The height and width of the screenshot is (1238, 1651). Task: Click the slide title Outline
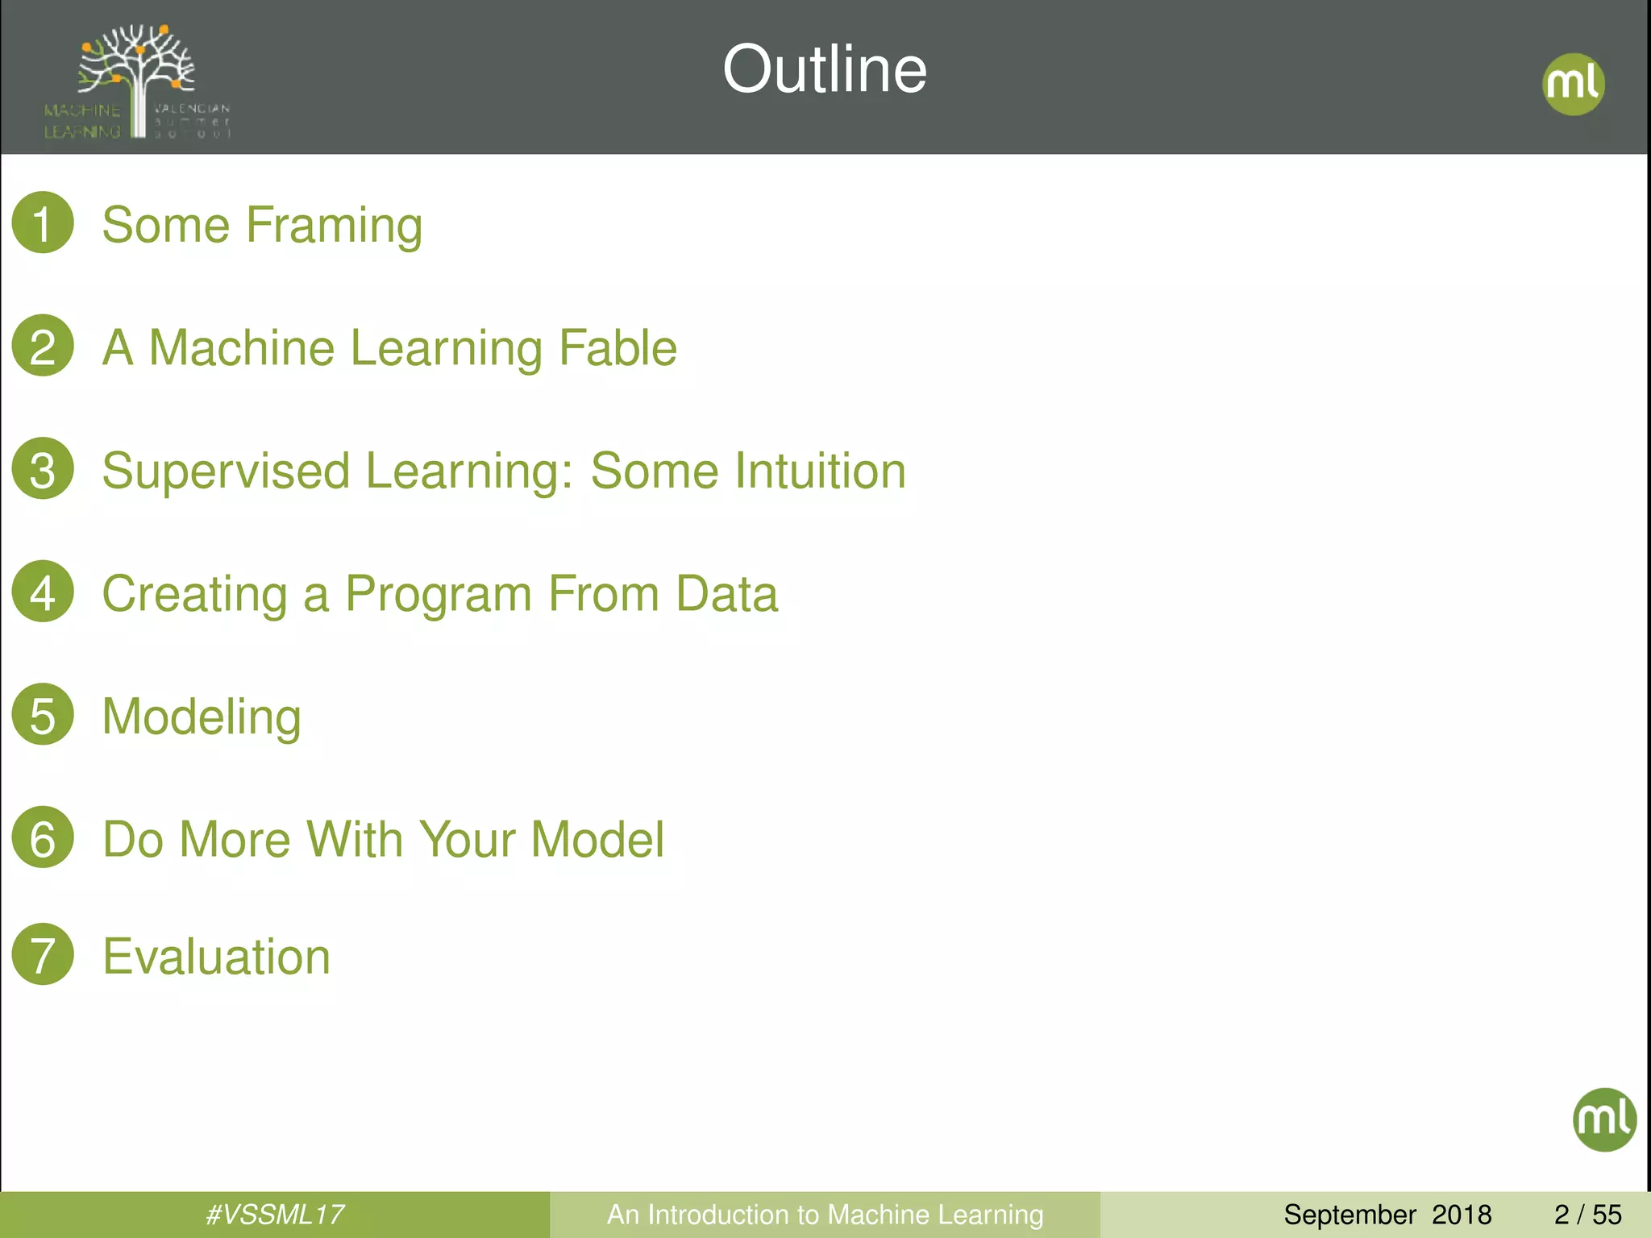(x=825, y=70)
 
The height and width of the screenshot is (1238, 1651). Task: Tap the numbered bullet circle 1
(x=43, y=222)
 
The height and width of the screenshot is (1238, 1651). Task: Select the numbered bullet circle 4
(x=43, y=592)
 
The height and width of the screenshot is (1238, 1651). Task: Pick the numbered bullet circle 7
(x=43, y=954)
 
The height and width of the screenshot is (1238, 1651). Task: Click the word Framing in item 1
(x=334, y=226)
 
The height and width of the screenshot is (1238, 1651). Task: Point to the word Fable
(x=618, y=348)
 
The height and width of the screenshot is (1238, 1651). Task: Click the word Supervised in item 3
(x=226, y=472)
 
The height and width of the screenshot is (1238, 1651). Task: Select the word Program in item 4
(x=438, y=595)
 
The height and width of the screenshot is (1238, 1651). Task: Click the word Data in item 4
(x=726, y=594)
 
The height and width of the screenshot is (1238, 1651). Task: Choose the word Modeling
(x=202, y=717)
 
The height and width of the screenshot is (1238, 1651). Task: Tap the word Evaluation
(x=216, y=957)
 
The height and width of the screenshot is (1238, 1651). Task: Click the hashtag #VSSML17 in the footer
(x=275, y=1215)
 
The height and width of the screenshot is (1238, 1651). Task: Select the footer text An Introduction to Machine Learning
(x=825, y=1215)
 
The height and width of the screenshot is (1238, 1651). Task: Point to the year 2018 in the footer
(x=1462, y=1215)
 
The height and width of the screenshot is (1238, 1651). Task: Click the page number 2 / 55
(x=1587, y=1215)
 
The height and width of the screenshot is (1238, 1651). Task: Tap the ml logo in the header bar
(x=1573, y=84)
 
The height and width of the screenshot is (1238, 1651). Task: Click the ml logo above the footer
(x=1604, y=1119)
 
